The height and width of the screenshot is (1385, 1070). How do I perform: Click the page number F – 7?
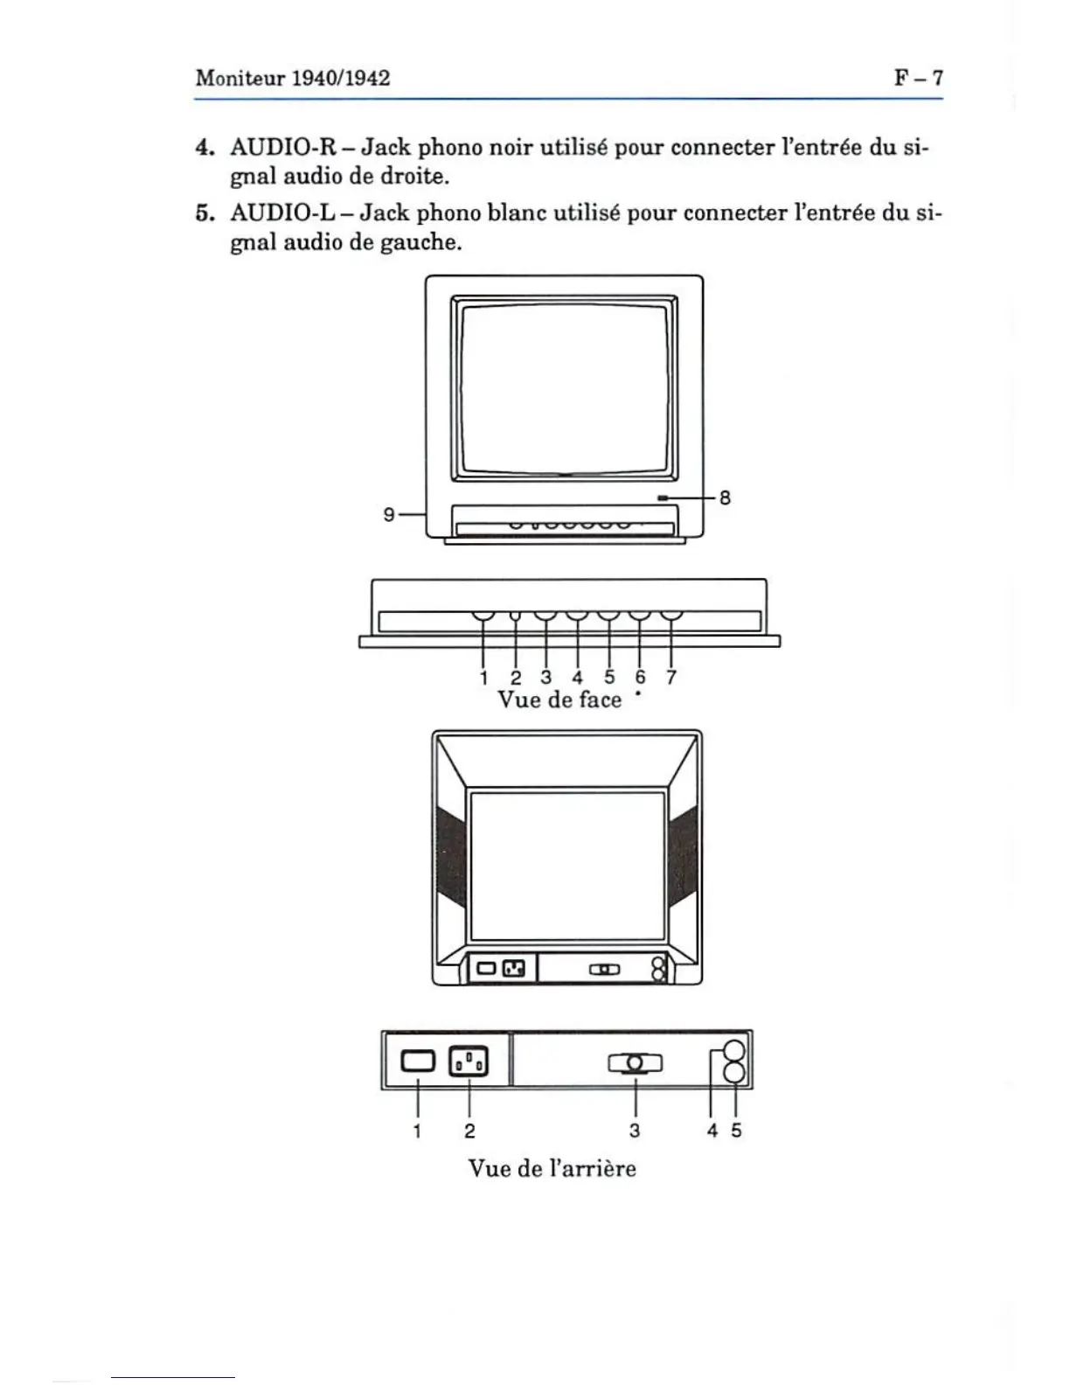pos(918,78)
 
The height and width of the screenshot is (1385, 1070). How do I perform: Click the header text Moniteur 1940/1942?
pos(293,78)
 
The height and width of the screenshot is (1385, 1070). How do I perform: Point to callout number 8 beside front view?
pos(724,498)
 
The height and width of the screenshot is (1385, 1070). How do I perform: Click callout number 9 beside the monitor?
pos(389,515)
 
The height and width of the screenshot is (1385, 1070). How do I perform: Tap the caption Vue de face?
pos(559,699)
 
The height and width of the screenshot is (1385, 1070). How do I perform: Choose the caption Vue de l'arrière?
pos(552,1168)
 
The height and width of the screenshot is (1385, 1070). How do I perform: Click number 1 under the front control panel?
pos(483,678)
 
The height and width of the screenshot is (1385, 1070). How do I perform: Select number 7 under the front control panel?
pos(671,678)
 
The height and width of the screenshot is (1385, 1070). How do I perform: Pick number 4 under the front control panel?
pos(577,678)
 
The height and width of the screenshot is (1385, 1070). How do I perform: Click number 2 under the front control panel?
pos(515,678)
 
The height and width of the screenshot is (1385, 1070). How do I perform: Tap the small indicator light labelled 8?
pos(664,498)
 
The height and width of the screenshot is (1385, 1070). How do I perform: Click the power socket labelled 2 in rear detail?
pos(469,1061)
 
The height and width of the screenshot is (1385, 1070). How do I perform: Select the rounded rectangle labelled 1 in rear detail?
pos(417,1061)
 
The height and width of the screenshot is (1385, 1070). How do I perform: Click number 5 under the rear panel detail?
pos(736,1131)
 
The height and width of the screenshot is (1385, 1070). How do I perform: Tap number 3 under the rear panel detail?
pos(635,1131)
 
